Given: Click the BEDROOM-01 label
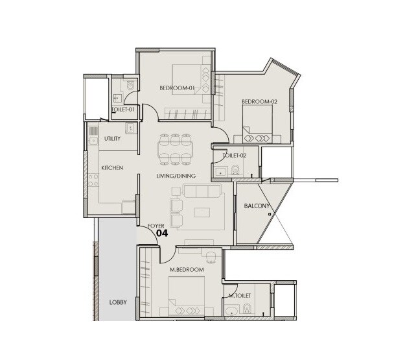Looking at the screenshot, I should pos(177,88).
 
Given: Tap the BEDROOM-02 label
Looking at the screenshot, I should pos(259,101).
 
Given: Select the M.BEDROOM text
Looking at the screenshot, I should pos(187,269).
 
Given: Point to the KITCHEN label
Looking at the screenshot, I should pos(112,168).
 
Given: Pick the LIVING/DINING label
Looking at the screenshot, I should pos(176,176).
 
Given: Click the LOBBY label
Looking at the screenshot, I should pos(117,302).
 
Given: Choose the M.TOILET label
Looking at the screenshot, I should pos(240,296).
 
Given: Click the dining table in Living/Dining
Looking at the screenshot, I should pos(175,149).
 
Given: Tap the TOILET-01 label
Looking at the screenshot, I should pos(123,110).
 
